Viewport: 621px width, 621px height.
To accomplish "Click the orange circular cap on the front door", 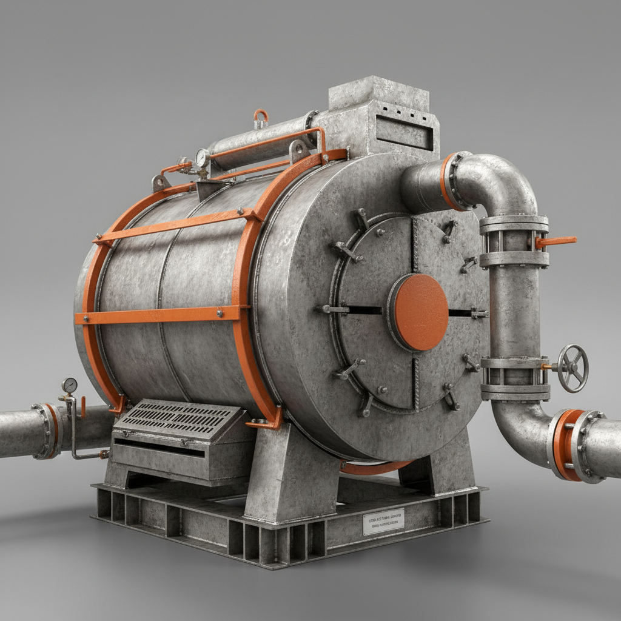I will point(418,312).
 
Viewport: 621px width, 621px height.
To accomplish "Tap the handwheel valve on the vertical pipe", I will point(572,368).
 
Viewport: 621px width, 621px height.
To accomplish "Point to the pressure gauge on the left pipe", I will point(70,385).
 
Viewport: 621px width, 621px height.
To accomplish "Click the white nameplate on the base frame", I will point(383,522).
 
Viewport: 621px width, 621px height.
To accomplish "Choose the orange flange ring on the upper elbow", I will point(448,181).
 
